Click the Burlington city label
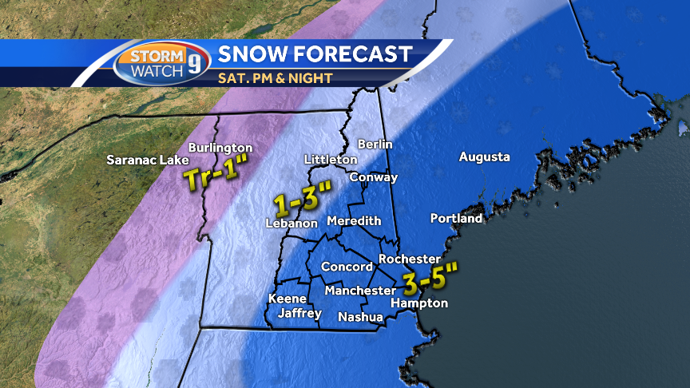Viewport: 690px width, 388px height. point(220,148)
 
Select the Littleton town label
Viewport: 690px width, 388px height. point(331,160)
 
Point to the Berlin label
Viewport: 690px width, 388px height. point(375,144)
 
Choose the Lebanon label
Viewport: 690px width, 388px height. point(292,224)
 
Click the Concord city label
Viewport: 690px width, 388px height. point(347,267)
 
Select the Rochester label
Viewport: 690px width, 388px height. point(410,259)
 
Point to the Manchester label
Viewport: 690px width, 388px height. point(360,291)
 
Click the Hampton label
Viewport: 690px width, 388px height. point(419,303)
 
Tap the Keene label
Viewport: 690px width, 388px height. point(287,299)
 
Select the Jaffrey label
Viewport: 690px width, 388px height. point(299,314)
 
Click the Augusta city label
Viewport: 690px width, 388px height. point(484,156)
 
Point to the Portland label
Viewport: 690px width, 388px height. point(456,218)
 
